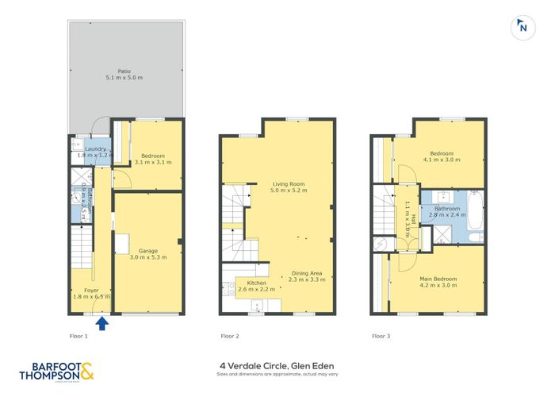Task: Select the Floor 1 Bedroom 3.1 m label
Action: tap(153, 159)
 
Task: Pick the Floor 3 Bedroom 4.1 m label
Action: tap(442, 156)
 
